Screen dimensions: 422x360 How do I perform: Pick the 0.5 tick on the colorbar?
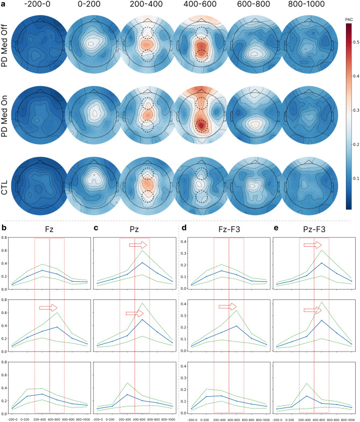351,41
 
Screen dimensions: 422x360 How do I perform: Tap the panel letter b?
4,228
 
